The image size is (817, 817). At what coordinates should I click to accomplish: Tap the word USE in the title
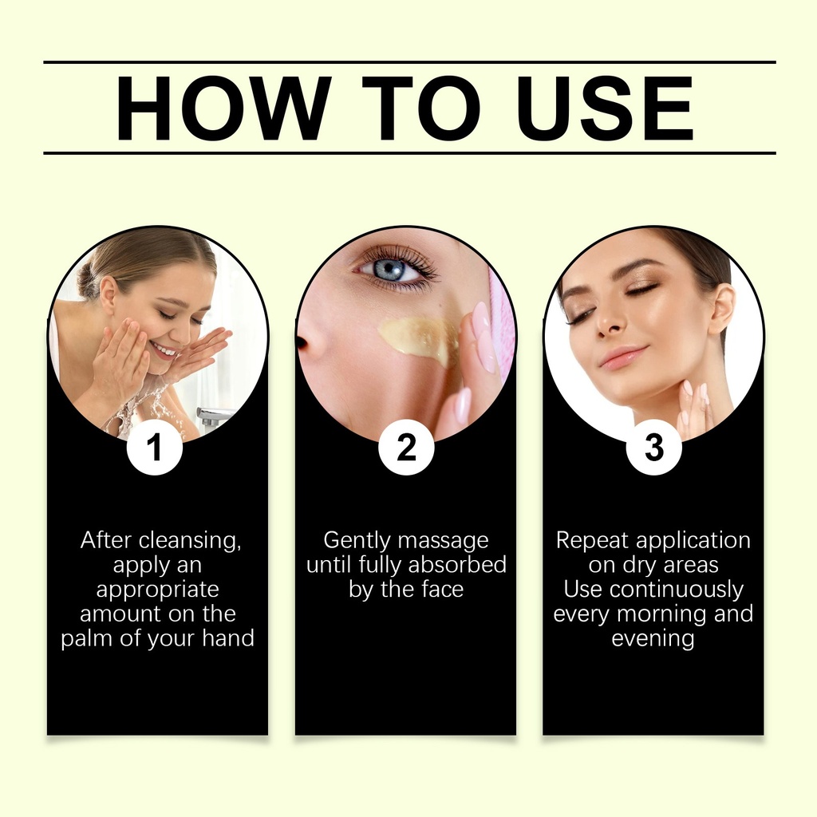(x=605, y=109)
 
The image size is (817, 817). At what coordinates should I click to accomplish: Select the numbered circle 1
(x=154, y=447)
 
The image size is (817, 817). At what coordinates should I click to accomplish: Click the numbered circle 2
(x=406, y=447)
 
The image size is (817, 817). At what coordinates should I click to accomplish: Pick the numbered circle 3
(x=654, y=447)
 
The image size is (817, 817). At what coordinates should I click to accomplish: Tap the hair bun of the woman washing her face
(x=89, y=282)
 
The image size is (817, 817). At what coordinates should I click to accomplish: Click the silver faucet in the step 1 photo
(x=214, y=416)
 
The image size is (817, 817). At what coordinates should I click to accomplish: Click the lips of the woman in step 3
(x=624, y=357)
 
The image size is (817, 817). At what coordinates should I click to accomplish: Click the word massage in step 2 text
(x=443, y=541)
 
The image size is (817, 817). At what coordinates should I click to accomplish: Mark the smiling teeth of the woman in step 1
(x=166, y=350)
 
